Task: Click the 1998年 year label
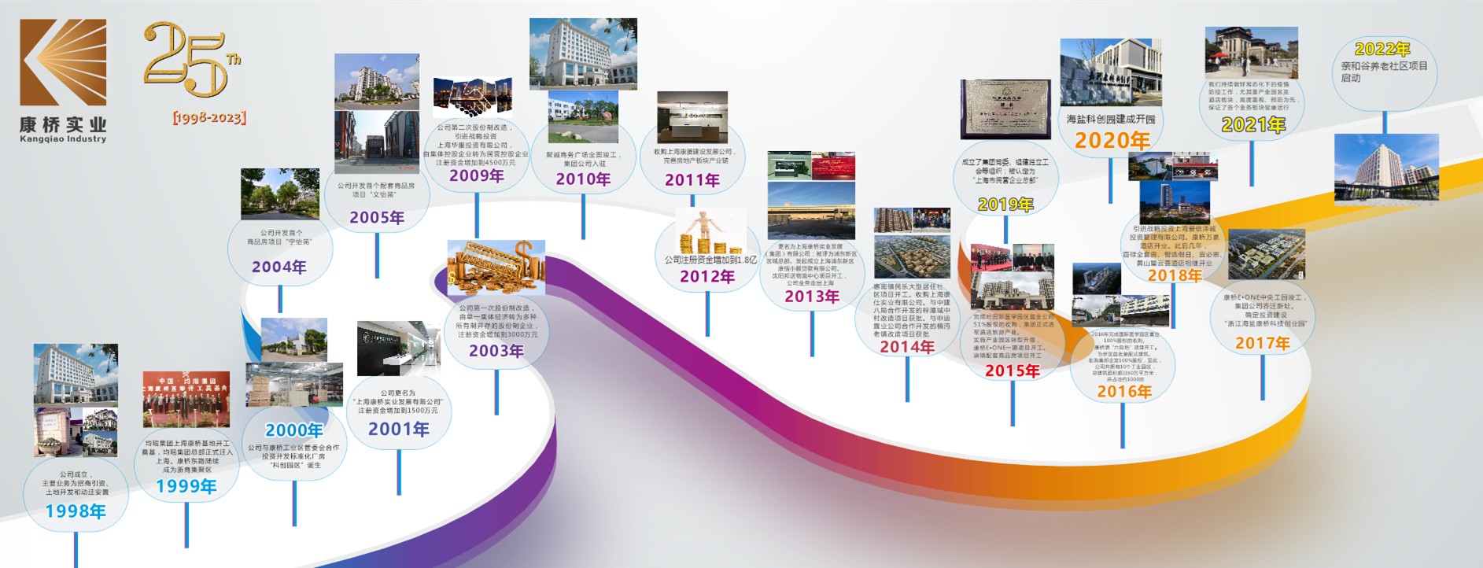pyautogui.click(x=76, y=511)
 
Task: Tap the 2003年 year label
pyautogui.click(x=496, y=351)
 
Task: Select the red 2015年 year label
pyautogui.click(x=1012, y=371)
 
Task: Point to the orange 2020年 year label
pyautogui.click(x=1112, y=141)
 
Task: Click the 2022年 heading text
pyautogui.click(x=1382, y=50)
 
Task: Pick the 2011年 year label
pyautogui.click(x=692, y=180)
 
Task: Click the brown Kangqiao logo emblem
pyautogui.click(x=63, y=62)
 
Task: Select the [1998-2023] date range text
pyautogui.click(x=209, y=118)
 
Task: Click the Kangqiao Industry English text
pyautogui.click(x=63, y=139)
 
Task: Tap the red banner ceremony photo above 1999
pyautogui.click(x=186, y=399)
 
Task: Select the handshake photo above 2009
pyautogui.click(x=472, y=98)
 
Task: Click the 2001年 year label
pyautogui.click(x=399, y=430)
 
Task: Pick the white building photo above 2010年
pyautogui.click(x=583, y=53)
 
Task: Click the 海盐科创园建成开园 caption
pyautogui.click(x=1111, y=120)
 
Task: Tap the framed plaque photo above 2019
pyautogui.click(x=1005, y=109)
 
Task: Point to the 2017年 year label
pyautogui.click(x=1262, y=343)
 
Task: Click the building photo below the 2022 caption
pyautogui.click(x=1385, y=167)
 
